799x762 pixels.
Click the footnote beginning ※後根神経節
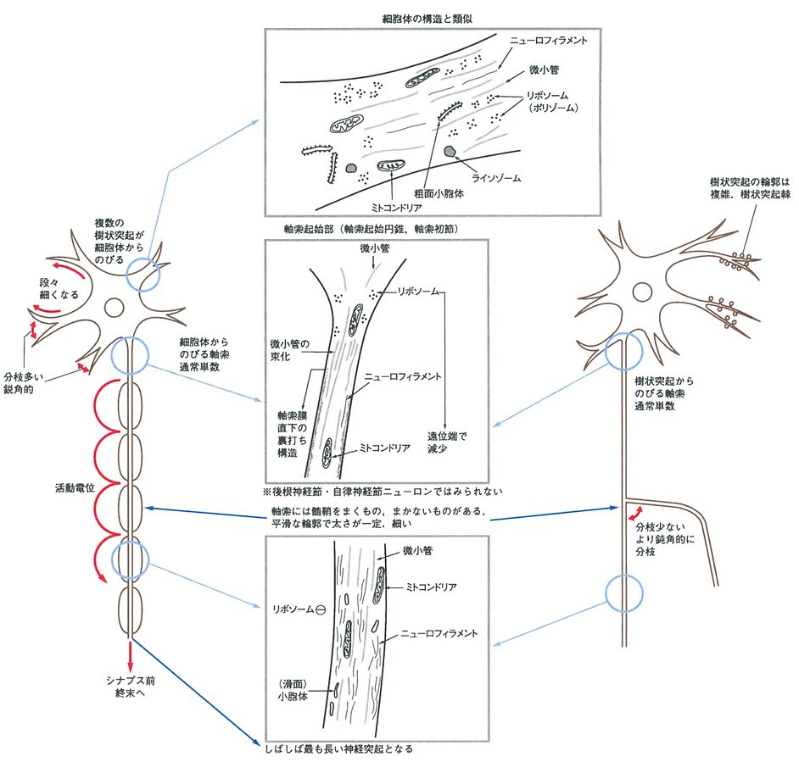383,491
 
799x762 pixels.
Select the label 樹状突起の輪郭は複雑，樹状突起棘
749,189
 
